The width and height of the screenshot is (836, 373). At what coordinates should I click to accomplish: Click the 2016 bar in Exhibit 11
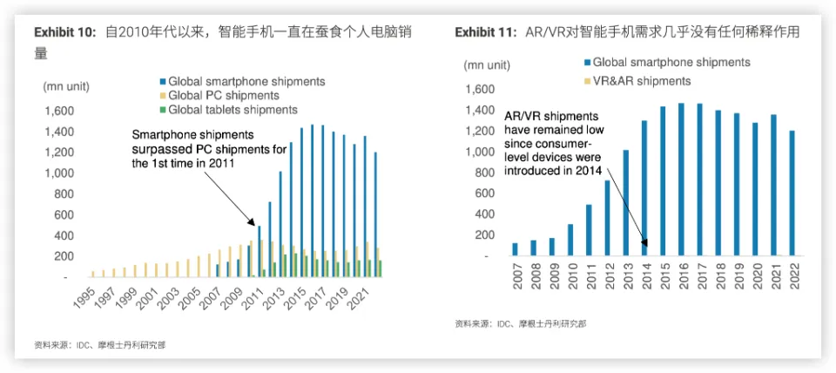pyautogui.click(x=681, y=180)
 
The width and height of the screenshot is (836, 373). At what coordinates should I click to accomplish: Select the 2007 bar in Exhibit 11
pyautogui.click(x=514, y=249)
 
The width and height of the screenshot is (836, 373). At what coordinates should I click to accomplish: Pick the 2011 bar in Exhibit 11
pyautogui.click(x=588, y=230)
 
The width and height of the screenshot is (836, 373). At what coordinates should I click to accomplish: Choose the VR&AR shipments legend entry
pyautogui.click(x=636, y=80)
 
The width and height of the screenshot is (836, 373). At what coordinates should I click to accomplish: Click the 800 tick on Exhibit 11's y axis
pyautogui.click(x=478, y=173)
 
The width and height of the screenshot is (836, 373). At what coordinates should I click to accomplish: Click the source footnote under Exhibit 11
pyautogui.click(x=520, y=324)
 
